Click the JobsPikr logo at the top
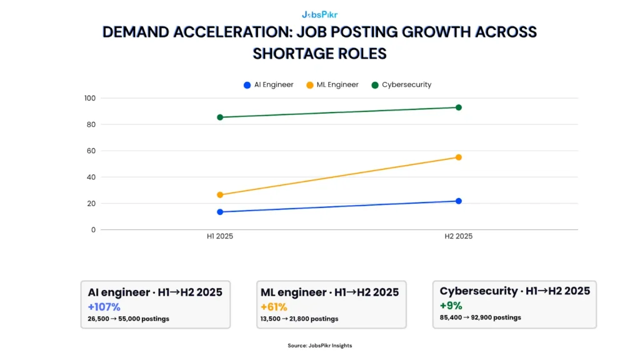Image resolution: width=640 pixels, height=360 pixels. (319, 14)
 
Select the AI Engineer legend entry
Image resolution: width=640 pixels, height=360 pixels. (268, 84)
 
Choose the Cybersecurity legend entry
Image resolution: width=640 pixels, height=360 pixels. (401, 84)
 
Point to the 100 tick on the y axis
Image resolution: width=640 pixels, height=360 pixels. (89, 98)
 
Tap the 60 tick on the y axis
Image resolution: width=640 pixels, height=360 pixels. (91, 151)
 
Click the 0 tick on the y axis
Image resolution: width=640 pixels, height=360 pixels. (93, 229)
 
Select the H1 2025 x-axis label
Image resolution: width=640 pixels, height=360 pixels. (220, 236)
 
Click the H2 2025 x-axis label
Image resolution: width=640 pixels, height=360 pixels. (458, 236)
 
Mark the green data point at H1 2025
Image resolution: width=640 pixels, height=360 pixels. (220, 117)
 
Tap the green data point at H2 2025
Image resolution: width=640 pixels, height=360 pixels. (458, 107)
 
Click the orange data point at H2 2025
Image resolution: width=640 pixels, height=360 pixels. (458, 157)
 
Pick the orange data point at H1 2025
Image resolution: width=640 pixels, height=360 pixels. (220, 194)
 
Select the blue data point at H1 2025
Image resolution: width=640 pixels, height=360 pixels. (220, 212)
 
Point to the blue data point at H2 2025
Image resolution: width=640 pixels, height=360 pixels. (458, 201)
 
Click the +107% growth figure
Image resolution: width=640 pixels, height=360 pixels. (104, 307)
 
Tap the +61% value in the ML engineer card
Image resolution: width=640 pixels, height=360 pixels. (273, 307)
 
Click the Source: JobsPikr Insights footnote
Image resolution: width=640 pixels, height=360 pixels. (319, 346)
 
